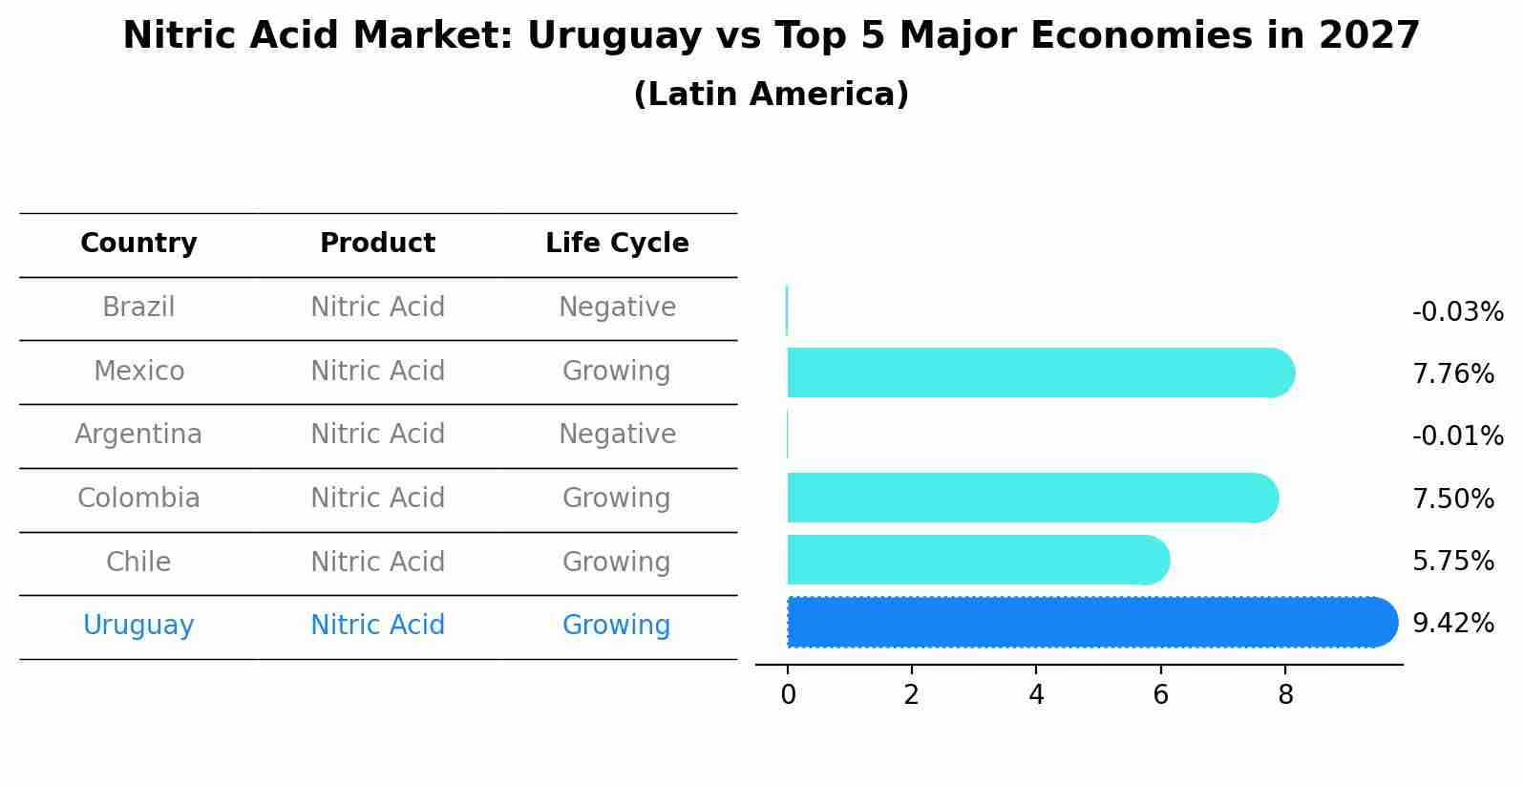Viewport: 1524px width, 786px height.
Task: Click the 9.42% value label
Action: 1452,624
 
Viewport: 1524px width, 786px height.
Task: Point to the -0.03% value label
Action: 1457,312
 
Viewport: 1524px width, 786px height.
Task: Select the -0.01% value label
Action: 1457,436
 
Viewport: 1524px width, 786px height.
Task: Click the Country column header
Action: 138,244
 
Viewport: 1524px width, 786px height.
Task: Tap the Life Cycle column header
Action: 617,244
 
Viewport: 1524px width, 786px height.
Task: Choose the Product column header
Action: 377,244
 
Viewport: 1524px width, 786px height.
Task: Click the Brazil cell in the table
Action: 138,308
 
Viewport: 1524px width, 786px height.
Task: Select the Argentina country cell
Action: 138,435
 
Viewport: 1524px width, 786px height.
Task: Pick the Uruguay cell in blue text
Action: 138,626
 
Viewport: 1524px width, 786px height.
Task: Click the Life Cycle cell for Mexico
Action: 616,372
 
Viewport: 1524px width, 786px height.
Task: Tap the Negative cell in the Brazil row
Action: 617,308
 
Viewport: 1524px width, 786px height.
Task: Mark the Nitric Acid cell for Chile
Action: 377,563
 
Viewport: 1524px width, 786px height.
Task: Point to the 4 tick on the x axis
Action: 1036,695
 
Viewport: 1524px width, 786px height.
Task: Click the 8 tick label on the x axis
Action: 1285,695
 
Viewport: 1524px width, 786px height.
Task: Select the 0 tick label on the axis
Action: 788,695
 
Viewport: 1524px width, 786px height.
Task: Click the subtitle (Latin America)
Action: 771,95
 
